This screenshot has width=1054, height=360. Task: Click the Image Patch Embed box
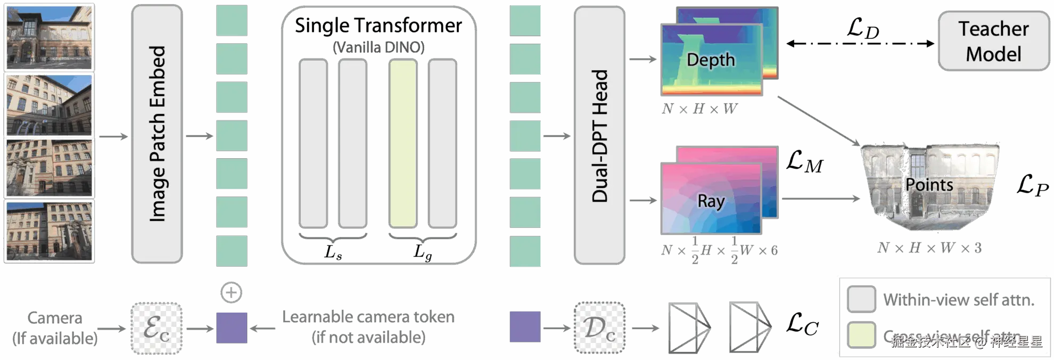coord(157,134)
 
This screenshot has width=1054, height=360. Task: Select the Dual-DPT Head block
coord(599,135)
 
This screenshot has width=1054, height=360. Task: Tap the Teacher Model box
coord(993,42)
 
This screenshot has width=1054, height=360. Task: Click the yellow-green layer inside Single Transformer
coord(403,143)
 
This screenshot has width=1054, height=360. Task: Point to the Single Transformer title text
coord(378,25)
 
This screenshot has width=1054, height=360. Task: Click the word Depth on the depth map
coord(711,60)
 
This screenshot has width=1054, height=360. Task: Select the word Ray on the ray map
coord(711,201)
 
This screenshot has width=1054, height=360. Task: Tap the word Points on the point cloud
coord(929,185)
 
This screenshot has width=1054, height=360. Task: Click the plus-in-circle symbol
coord(231,292)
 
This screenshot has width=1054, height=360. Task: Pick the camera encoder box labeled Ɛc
coord(157,328)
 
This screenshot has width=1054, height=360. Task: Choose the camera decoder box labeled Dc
coord(599,328)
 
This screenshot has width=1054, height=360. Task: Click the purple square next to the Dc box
coord(525,327)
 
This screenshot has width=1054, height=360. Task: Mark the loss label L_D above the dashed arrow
coord(863,28)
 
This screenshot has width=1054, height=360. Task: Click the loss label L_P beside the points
coord(1032,185)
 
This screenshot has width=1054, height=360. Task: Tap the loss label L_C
coord(803,324)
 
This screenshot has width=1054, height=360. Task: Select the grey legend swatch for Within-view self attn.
coord(861,299)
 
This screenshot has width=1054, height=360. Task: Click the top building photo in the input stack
coord(50,37)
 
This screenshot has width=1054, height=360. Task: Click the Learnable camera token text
coord(368,317)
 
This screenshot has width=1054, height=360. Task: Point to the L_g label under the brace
coord(423,251)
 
